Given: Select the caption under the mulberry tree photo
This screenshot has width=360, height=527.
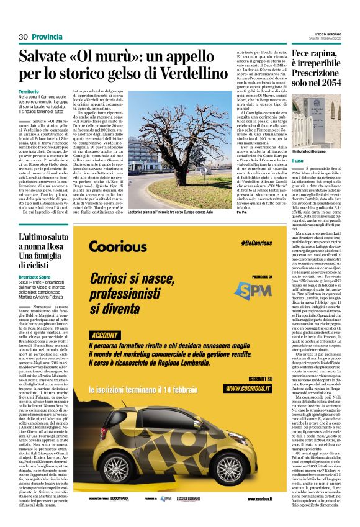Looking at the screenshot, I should (179, 212).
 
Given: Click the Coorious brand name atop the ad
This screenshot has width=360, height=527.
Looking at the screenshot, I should (118, 246).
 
